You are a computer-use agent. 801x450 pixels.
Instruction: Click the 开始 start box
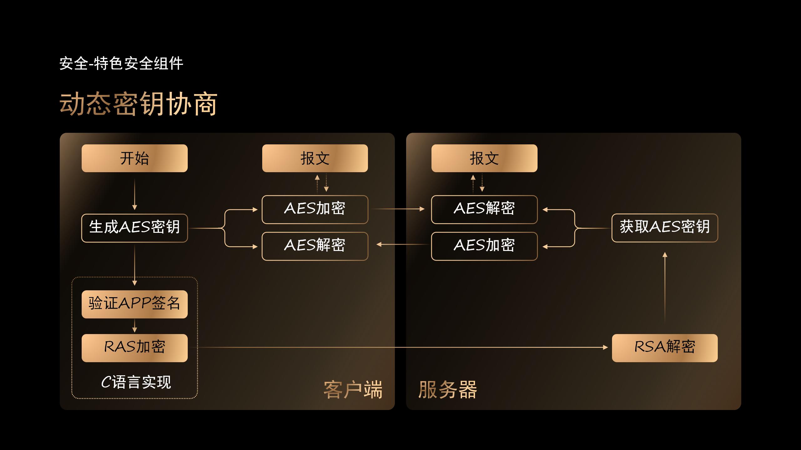[135, 158]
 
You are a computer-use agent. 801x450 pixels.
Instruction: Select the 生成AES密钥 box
[135, 228]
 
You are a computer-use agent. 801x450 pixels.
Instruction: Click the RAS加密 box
[135, 348]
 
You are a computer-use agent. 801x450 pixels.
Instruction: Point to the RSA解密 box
[665, 348]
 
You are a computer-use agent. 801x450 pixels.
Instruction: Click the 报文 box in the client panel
[315, 158]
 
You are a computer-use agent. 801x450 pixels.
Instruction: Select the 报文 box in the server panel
[484, 158]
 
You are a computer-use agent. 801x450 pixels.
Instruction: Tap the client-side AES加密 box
[315, 209]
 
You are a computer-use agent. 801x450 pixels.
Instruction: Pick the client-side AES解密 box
[315, 246]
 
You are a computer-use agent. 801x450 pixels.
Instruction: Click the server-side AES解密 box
[484, 209]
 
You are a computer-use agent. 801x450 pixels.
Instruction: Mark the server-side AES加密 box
[484, 246]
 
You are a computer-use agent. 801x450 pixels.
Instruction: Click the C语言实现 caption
[136, 382]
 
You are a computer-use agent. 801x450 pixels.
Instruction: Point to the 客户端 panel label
[353, 390]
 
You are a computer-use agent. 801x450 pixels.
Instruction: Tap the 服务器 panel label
[447, 390]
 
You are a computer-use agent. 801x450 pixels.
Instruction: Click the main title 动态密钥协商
[138, 104]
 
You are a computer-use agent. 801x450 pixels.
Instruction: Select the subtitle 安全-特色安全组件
[121, 63]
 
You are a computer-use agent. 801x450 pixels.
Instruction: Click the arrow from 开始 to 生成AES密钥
[135, 194]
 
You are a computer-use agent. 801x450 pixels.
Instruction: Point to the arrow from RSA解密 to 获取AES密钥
[665, 287]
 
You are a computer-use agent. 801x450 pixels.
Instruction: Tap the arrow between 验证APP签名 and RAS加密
[135, 326]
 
